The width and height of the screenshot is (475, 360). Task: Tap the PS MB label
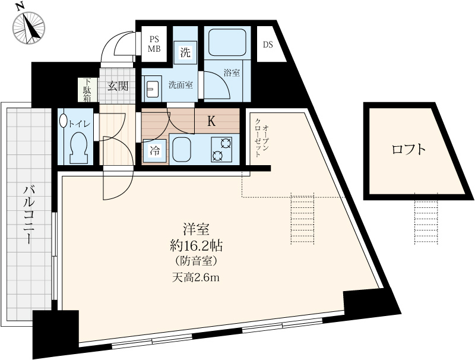[x=154, y=44]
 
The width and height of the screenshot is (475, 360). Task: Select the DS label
[x=268, y=45]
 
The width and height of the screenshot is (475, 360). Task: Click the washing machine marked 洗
[x=185, y=52]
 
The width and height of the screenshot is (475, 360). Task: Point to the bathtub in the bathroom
[x=227, y=42]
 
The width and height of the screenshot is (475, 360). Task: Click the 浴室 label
[x=232, y=72]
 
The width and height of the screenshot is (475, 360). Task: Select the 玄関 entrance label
[x=117, y=86]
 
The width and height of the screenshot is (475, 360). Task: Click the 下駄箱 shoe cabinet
[x=87, y=90]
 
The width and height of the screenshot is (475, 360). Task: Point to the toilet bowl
[x=78, y=147]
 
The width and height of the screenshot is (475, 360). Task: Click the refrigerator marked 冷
[x=154, y=151]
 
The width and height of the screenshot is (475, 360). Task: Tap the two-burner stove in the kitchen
[x=221, y=149]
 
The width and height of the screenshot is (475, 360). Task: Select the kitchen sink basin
[x=182, y=149]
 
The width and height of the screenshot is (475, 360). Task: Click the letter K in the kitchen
[x=211, y=122]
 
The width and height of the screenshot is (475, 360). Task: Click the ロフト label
[x=409, y=149]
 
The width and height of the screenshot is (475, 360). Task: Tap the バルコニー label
[x=28, y=215]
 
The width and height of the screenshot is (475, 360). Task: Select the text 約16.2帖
[x=197, y=247]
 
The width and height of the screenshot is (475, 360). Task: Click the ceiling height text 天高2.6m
[x=196, y=277]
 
